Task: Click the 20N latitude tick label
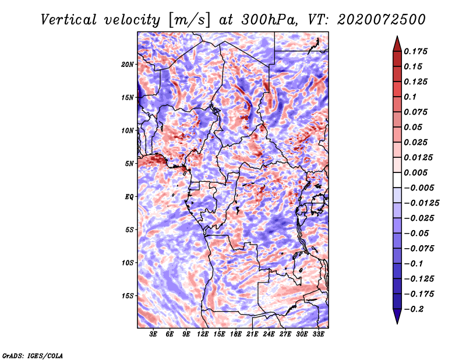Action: click(x=128, y=64)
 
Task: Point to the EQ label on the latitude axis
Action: click(x=129, y=196)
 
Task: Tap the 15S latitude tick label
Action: click(x=128, y=295)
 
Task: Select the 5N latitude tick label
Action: click(x=129, y=163)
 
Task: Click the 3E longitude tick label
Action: click(x=153, y=334)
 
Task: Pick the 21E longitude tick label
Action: click(x=252, y=334)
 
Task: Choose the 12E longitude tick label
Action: click(x=203, y=334)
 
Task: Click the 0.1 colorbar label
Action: click(x=410, y=97)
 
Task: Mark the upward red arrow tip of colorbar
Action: click(x=397, y=38)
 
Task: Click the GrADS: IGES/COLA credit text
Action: click(x=33, y=355)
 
